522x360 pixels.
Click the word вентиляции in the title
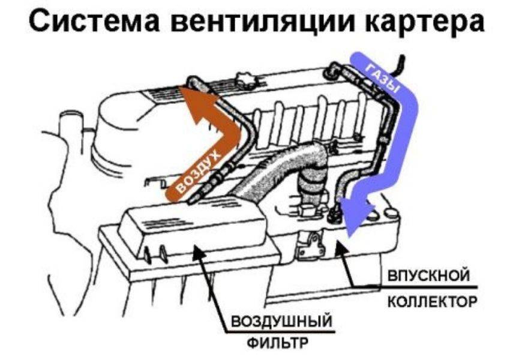265,23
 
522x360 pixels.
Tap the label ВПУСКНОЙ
429,276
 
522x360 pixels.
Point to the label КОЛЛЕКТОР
432,302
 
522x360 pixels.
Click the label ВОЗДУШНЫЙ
281,322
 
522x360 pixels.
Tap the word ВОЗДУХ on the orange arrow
199,173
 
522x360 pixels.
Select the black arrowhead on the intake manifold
341,247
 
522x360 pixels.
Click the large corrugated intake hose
286,173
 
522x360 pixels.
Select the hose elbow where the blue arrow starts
335,70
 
